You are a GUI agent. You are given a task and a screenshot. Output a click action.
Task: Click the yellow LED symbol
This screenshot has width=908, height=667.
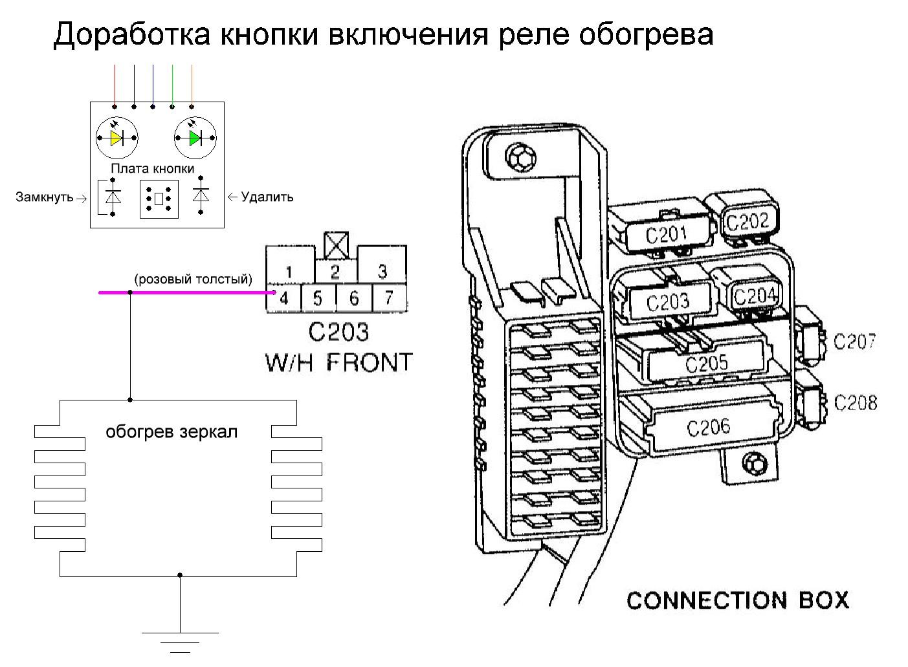pyautogui.click(x=116, y=138)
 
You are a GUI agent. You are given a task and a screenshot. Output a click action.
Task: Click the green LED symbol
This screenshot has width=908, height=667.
pyautogui.click(x=195, y=138)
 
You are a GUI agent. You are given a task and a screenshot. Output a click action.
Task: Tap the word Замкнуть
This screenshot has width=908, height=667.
pyautogui.click(x=44, y=197)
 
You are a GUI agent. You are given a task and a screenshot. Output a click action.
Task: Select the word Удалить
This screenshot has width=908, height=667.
pyautogui.click(x=267, y=197)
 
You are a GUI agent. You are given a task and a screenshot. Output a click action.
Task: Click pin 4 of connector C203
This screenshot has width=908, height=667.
pyautogui.click(x=283, y=298)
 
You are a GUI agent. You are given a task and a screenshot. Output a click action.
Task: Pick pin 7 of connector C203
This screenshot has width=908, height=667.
pyautogui.click(x=389, y=298)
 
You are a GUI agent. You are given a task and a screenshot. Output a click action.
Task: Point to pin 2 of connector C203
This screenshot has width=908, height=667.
pyautogui.click(x=335, y=272)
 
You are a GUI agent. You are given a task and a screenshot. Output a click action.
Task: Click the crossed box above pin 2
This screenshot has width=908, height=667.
pyautogui.click(x=337, y=246)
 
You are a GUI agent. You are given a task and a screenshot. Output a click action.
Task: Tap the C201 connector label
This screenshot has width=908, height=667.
pyautogui.click(x=666, y=235)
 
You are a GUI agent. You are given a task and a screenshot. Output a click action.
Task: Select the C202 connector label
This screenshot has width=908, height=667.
pyautogui.click(x=747, y=222)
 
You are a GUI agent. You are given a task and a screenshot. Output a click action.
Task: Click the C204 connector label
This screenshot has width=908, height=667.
pyautogui.click(x=755, y=296)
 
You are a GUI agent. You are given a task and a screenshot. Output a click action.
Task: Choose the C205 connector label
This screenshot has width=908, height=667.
pyautogui.click(x=707, y=363)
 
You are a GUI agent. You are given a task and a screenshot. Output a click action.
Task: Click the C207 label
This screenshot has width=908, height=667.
pyautogui.click(x=854, y=341)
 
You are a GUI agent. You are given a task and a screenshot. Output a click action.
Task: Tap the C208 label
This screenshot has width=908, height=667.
pyautogui.click(x=856, y=403)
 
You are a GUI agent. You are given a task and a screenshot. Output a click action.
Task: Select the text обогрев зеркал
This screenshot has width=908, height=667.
pyautogui.click(x=172, y=432)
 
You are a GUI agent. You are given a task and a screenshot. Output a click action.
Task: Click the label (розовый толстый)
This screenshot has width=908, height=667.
pyautogui.click(x=193, y=279)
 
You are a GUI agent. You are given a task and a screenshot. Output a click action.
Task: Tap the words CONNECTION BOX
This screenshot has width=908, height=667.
pyautogui.click(x=738, y=600)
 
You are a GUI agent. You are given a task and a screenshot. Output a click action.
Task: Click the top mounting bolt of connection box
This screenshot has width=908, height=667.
pyautogui.click(x=520, y=157)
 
